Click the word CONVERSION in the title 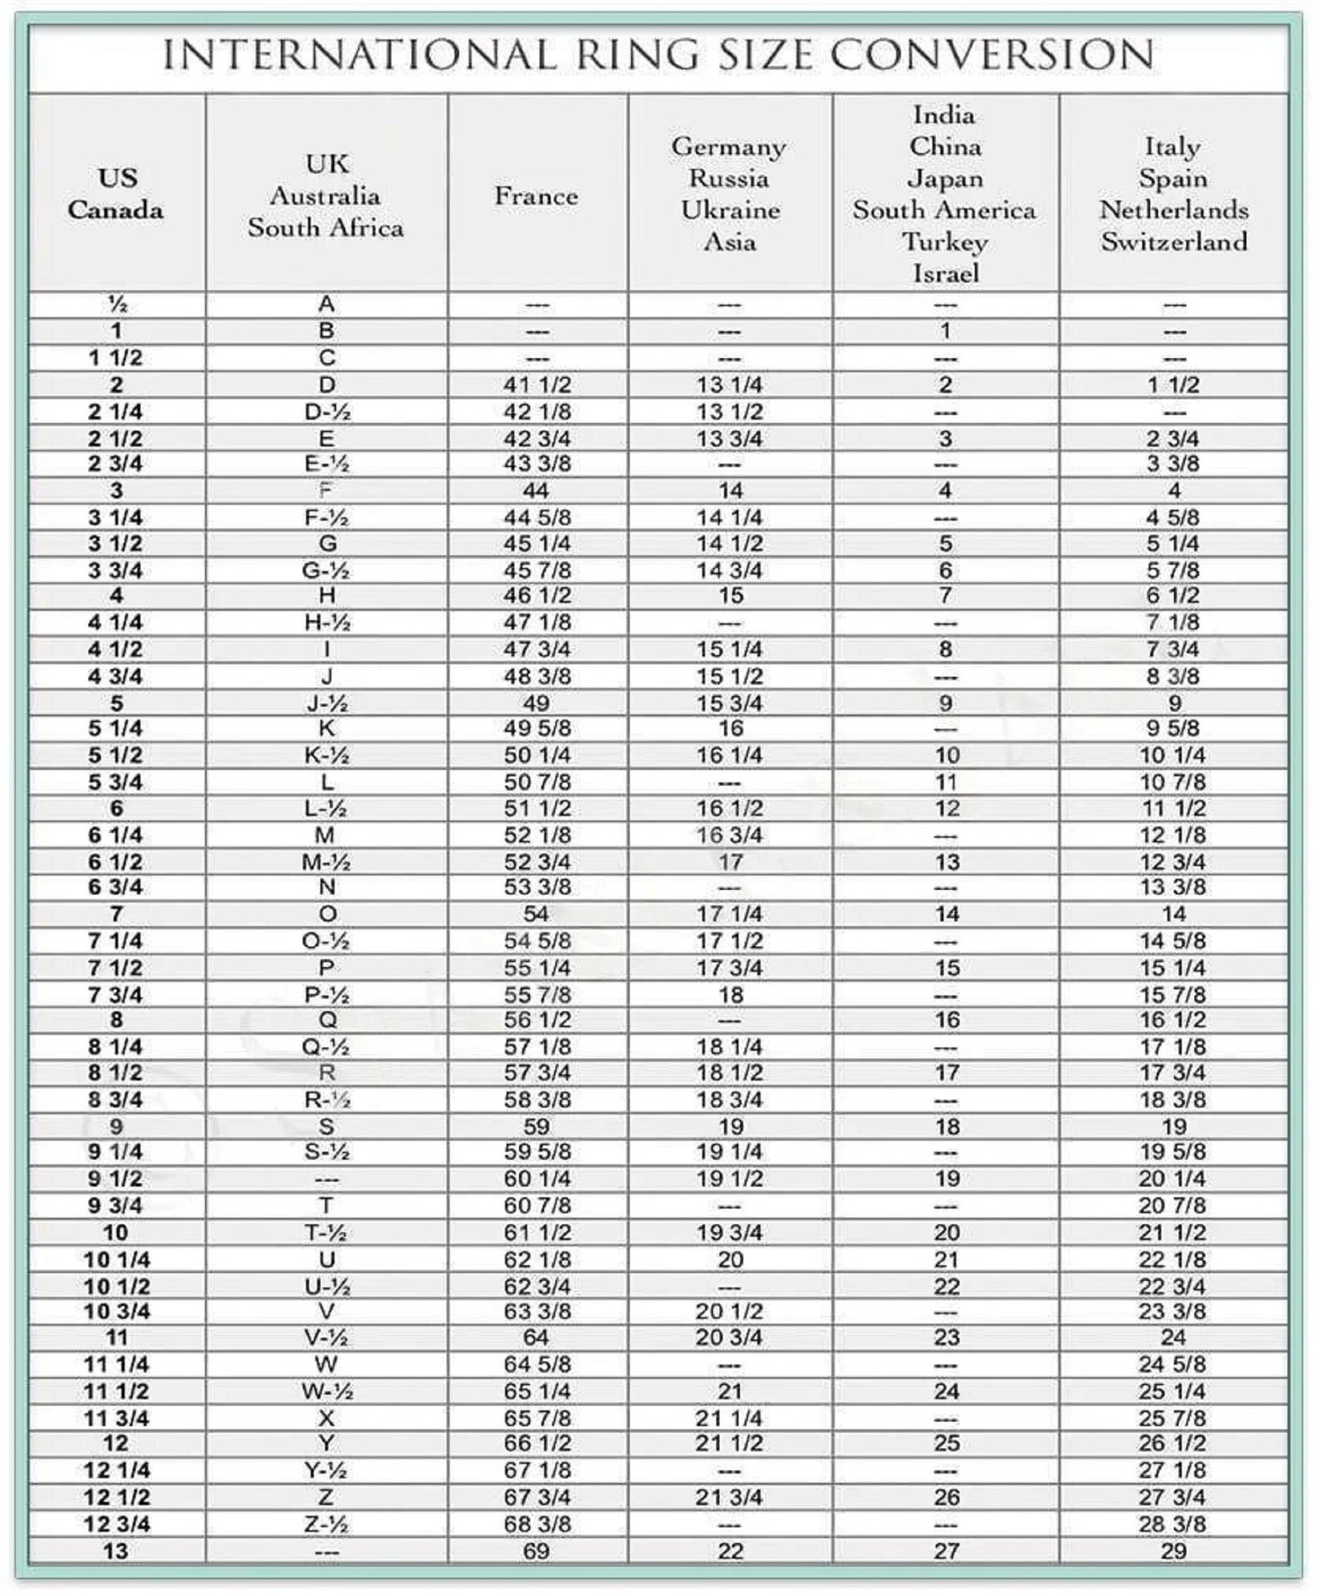992,56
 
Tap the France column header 537,196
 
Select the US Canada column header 116,194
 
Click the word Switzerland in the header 1174,242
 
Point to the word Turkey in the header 945,242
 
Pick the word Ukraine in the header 730,210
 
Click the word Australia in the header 326,196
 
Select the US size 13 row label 116,1551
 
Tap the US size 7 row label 116,915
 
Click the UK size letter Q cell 326,1020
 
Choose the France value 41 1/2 537,385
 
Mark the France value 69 537,1551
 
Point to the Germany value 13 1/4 729,385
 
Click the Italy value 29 1173,1551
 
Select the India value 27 946,1551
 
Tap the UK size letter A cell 326,304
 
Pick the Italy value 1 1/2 1173,385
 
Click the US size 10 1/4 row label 116,1260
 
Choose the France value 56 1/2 537,1020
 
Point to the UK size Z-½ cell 326,1524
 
